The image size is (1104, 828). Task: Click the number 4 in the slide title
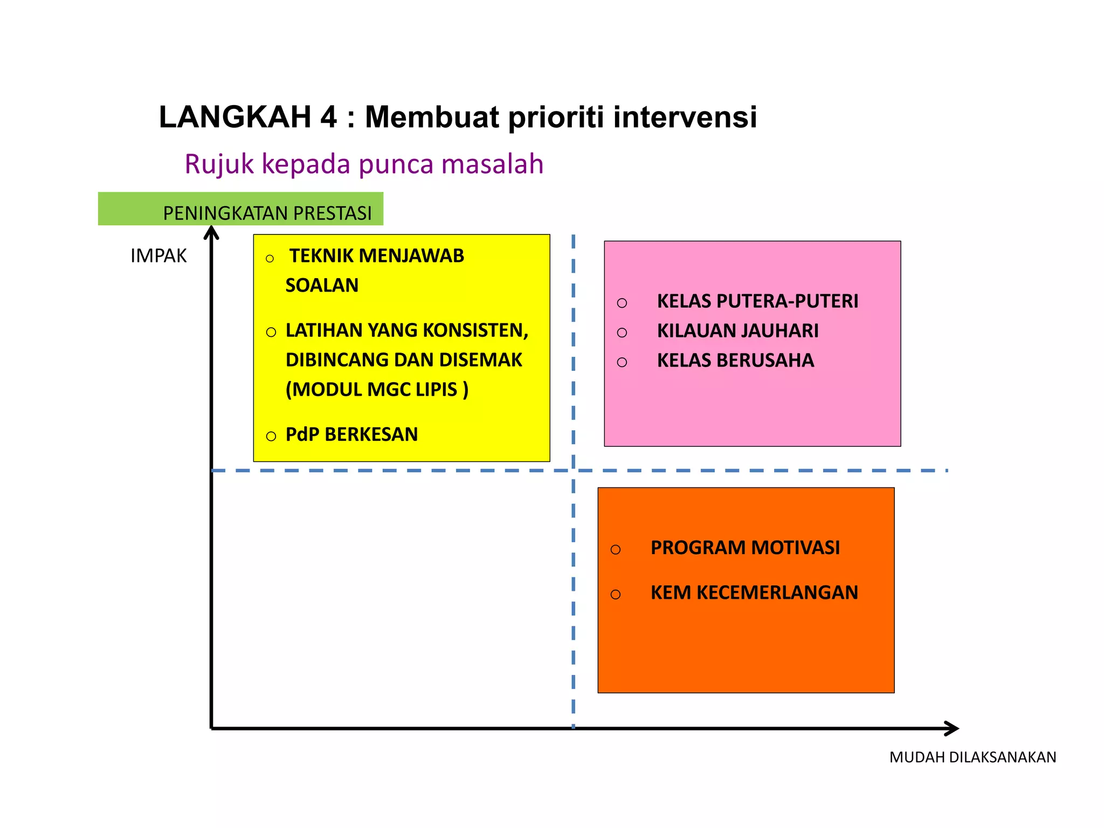pyautogui.click(x=328, y=117)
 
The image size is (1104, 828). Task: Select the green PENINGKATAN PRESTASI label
pyautogui.click(x=240, y=209)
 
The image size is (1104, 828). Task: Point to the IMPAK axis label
pyautogui.click(x=158, y=256)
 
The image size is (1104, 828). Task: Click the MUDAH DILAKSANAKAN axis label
pyautogui.click(x=972, y=757)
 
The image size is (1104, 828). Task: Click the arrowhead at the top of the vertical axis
pyautogui.click(x=211, y=232)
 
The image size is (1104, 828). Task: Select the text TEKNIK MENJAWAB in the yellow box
pyautogui.click(x=376, y=256)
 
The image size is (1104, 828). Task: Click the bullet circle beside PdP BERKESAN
pyautogui.click(x=271, y=436)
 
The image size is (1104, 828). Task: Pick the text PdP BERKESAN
pyautogui.click(x=351, y=434)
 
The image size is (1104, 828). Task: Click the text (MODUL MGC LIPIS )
pyautogui.click(x=377, y=389)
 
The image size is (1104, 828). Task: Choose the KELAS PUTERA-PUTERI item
pyautogui.click(x=757, y=301)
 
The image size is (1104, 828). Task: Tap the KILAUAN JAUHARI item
pyautogui.click(x=737, y=331)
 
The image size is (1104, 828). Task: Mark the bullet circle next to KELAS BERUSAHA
pyautogui.click(x=622, y=362)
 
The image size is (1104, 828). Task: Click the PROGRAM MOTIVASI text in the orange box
pyautogui.click(x=745, y=548)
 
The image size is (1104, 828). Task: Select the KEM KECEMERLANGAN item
pyautogui.click(x=754, y=593)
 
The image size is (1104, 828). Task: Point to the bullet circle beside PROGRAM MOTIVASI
pyautogui.click(x=616, y=550)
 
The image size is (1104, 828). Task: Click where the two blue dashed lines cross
pyautogui.click(x=573, y=471)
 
